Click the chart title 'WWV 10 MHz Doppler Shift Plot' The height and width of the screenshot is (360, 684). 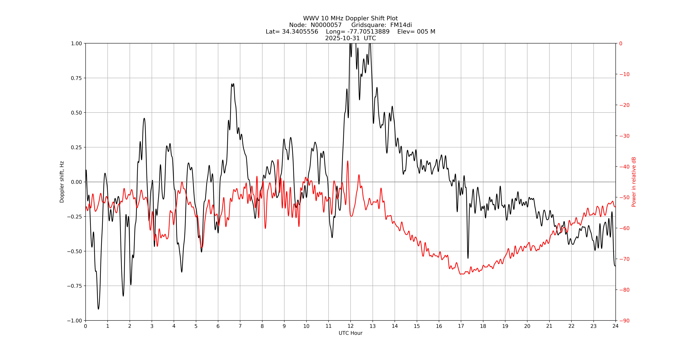click(x=350, y=18)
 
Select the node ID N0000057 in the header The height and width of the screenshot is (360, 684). click(x=326, y=25)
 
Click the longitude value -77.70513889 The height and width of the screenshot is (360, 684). click(x=368, y=32)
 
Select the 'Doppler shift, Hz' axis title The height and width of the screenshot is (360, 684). click(x=62, y=182)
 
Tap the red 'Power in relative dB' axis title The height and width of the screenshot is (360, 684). click(x=634, y=182)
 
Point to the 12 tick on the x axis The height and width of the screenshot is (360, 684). click(x=350, y=326)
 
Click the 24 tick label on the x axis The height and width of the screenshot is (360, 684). click(x=615, y=326)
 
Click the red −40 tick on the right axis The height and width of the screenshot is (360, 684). click(x=624, y=167)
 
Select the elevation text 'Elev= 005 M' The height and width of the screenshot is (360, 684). click(x=416, y=32)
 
